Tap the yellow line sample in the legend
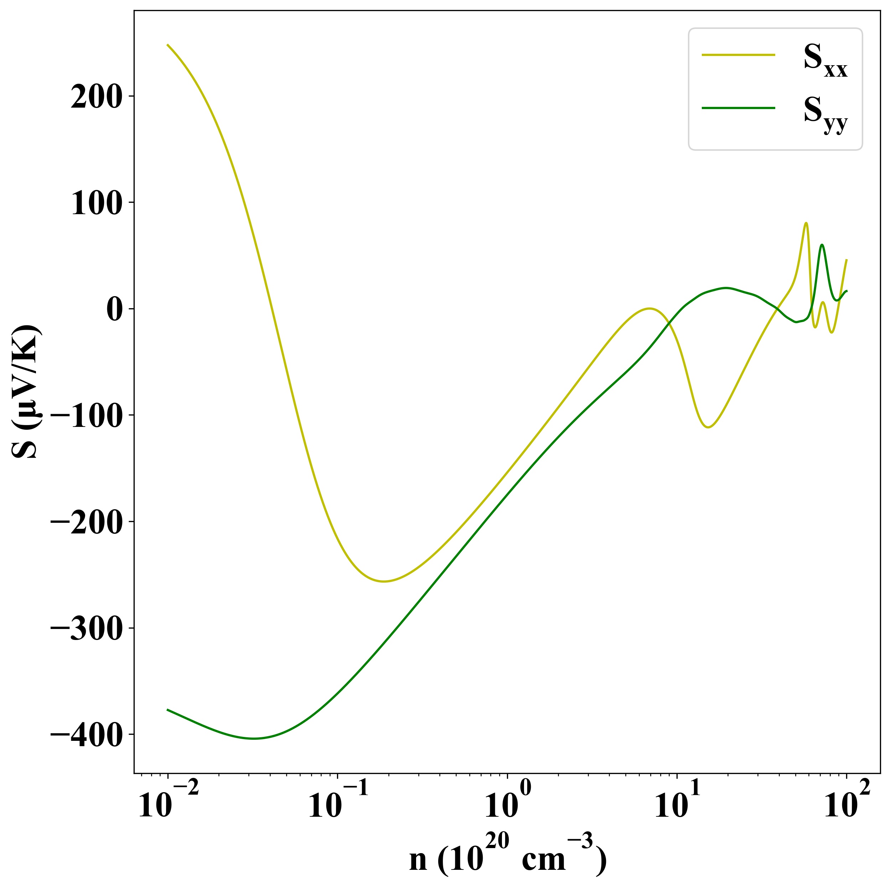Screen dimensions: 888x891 point(738,55)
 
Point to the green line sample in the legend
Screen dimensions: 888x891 point(738,108)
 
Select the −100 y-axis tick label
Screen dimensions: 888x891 point(86,415)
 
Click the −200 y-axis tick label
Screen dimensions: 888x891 point(86,522)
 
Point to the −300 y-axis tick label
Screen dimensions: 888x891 point(86,628)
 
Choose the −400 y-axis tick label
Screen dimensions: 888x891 point(86,734)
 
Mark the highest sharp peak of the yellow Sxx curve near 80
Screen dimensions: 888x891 point(806,223)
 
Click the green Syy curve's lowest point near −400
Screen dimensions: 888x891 point(254,739)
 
